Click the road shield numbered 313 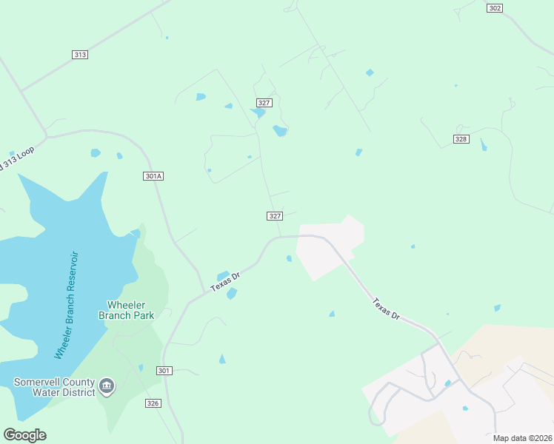81,55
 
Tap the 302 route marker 495,8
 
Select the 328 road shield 461,139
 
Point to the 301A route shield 153,176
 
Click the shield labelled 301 164,370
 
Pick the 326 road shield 153,403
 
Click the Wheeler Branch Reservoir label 67,306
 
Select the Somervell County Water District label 54,387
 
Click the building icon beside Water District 107,385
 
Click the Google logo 24,435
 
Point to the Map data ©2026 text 522,438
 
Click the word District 79,392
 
